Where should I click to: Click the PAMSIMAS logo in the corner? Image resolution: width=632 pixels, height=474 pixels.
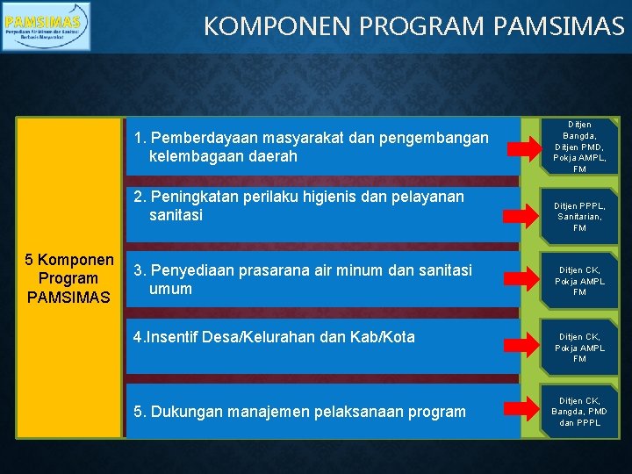coord(46,26)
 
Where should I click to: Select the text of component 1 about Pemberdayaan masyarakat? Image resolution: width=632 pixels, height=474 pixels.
coord(311,147)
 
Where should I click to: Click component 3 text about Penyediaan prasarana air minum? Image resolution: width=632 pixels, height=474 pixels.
coord(302,279)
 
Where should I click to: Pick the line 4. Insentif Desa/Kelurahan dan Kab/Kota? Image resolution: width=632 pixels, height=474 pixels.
coord(273,336)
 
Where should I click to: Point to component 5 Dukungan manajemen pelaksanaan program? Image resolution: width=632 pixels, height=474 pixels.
coord(299,411)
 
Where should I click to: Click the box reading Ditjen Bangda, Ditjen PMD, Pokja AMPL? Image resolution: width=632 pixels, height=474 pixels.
coord(579,146)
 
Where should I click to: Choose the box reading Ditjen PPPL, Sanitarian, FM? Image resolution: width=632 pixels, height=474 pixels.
coord(579,216)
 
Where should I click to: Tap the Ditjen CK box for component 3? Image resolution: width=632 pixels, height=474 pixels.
coord(579,281)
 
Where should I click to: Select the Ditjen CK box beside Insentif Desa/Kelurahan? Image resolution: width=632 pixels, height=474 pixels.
coord(579,347)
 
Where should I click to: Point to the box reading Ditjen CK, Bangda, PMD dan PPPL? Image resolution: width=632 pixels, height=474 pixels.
coord(579,411)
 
